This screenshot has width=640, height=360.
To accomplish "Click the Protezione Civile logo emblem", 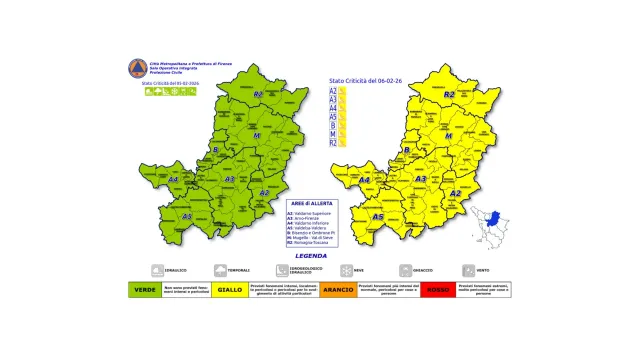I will pyautogui.click(x=136, y=67).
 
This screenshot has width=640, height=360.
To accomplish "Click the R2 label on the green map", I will pyautogui.click(x=257, y=94).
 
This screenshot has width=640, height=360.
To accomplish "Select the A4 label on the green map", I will pyautogui.click(x=173, y=180).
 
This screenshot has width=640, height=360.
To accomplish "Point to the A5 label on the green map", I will pyautogui.click(x=186, y=215).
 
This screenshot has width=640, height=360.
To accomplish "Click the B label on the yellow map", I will pyautogui.click(x=407, y=150).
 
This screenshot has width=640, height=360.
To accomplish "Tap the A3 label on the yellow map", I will pyautogui.click(x=421, y=179).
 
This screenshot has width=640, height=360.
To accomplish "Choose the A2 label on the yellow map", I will pyautogui.click(x=455, y=193).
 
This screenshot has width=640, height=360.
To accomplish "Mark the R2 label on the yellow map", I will pyautogui.click(x=449, y=94).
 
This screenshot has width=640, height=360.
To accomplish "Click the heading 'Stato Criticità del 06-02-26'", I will pyautogui.click(x=368, y=80).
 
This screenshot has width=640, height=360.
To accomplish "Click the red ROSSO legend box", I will pyautogui.click(x=437, y=290).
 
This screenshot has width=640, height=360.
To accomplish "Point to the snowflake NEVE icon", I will pyautogui.click(x=345, y=270).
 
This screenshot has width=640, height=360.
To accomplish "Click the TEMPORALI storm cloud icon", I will pyautogui.click(x=219, y=270).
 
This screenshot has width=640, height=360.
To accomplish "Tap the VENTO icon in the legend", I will pyautogui.click(x=468, y=270).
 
